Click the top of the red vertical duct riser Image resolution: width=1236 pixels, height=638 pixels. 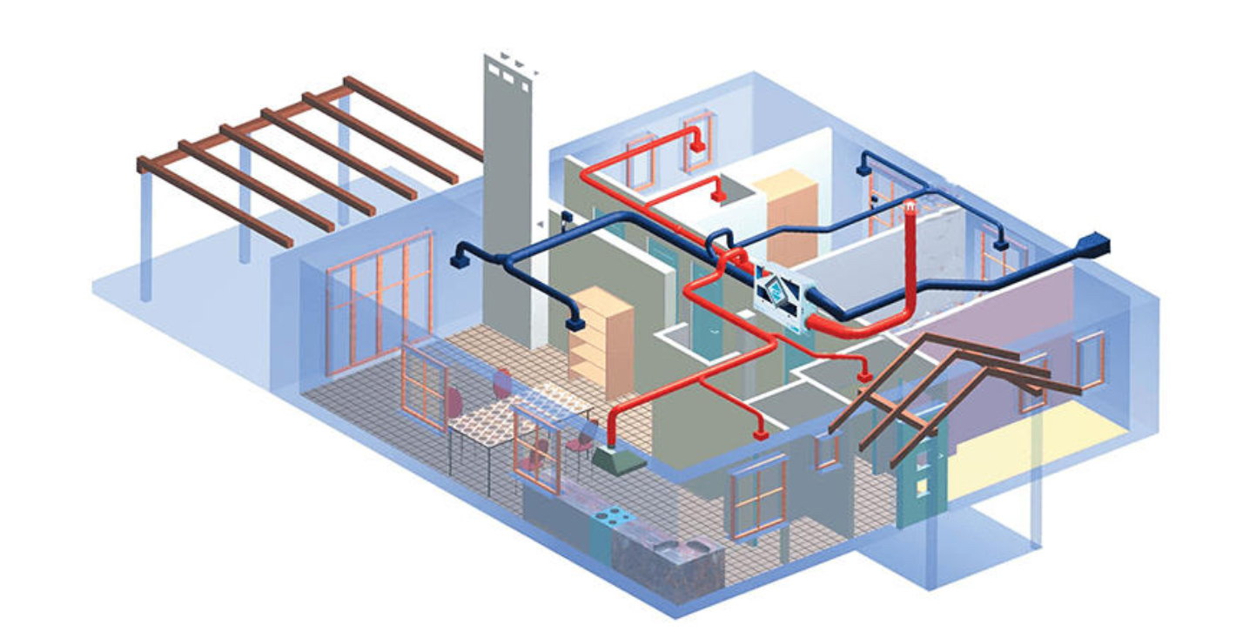click(910, 209)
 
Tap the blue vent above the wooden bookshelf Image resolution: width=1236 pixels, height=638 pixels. click(573, 324)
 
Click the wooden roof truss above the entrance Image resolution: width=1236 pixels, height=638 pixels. click(940, 383)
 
